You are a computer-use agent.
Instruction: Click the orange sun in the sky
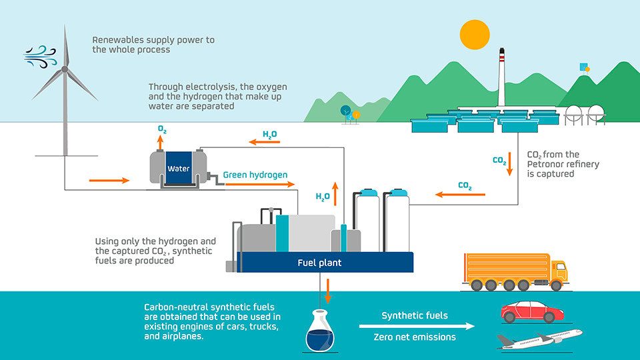(475, 35)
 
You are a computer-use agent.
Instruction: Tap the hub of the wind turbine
(65, 69)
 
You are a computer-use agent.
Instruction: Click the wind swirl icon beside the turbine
(40, 57)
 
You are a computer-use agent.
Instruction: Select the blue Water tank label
(179, 168)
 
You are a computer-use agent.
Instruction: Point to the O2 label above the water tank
(162, 130)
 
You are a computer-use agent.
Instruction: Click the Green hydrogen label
(255, 175)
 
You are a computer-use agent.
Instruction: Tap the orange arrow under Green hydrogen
(260, 185)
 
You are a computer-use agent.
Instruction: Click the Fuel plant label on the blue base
(319, 263)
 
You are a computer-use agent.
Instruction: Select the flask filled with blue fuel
(320, 331)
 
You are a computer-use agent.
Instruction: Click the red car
(532, 312)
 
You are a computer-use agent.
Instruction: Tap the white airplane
(539, 339)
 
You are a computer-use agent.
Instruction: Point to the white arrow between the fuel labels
(417, 326)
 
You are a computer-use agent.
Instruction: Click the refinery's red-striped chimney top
(501, 56)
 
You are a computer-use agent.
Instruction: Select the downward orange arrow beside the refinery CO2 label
(509, 164)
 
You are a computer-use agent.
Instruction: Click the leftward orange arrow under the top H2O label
(265, 142)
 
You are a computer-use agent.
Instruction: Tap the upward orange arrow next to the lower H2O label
(335, 194)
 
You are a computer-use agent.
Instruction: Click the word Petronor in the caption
(545, 164)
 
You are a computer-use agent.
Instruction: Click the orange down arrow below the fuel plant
(327, 291)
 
